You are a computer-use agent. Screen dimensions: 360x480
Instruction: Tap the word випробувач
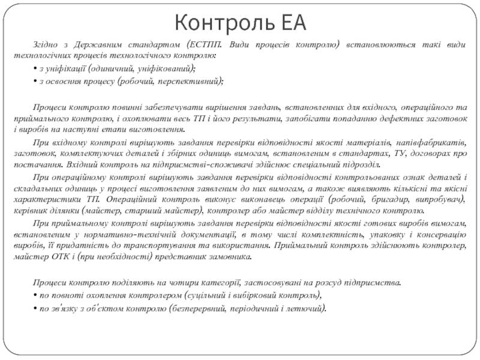point(437,199)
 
